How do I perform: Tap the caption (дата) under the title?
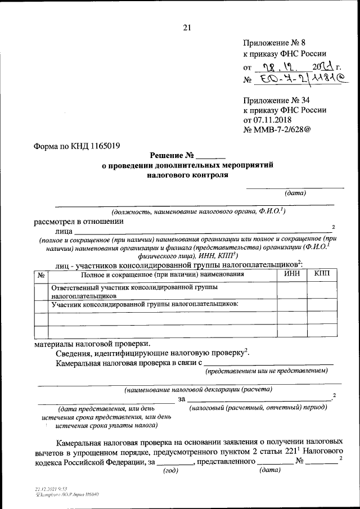point(295,193)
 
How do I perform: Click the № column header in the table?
point(40,274)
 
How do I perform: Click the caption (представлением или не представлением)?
point(266,372)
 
